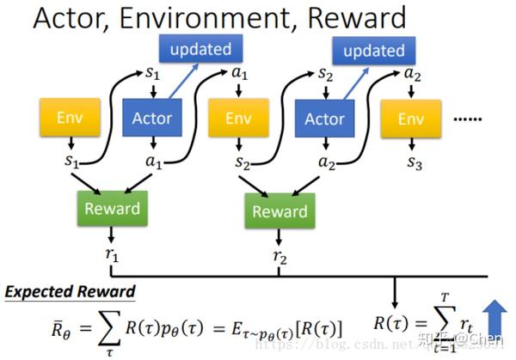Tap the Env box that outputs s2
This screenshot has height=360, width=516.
(x=238, y=118)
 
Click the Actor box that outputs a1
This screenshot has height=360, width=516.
(x=152, y=118)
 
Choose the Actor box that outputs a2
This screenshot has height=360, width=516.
(x=324, y=118)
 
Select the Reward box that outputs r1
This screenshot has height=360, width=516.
(x=111, y=208)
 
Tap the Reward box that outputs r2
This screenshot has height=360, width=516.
(x=279, y=211)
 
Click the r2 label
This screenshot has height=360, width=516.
(x=279, y=256)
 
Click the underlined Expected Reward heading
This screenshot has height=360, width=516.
(x=71, y=292)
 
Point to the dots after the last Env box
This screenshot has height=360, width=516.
(x=465, y=118)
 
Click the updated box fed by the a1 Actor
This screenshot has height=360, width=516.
(x=200, y=49)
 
